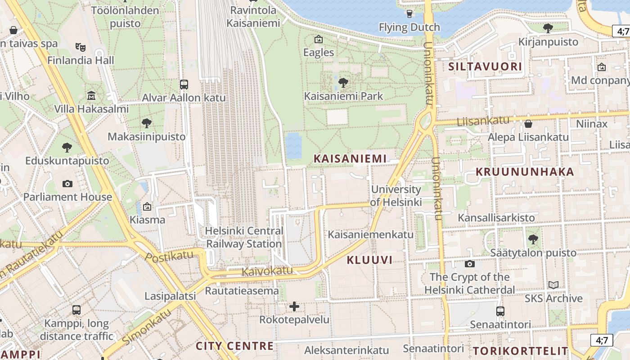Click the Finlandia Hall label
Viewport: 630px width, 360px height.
click(81, 60)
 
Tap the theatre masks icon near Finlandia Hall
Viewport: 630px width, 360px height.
click(81, 46)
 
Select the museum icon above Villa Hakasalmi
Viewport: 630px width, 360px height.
click(91, 95)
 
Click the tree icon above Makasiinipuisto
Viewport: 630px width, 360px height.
click(146, 123)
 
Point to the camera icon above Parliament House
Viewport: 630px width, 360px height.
click(67, 184)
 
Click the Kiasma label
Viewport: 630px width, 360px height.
click(147, 220)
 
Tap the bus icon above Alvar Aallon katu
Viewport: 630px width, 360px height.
click(184, 84)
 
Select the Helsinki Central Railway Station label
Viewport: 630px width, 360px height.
click(244, 238)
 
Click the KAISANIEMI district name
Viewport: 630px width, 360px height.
click(350, 158)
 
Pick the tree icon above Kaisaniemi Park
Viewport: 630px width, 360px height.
click(343, 82)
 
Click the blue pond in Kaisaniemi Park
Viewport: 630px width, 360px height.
click(294, 145)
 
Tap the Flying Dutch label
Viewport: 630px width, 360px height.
click(409, 28)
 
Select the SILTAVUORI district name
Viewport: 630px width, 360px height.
click(486, 67)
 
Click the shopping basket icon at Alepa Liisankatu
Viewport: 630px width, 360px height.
click(528, 123)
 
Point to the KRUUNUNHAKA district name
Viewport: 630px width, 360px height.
click(525, 172)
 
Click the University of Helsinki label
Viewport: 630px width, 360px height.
click(396, 196)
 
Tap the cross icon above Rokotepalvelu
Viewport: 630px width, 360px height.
click(294, 306)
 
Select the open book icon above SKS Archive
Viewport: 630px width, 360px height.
click(553, 285)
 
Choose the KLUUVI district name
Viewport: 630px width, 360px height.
click(369, 260)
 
